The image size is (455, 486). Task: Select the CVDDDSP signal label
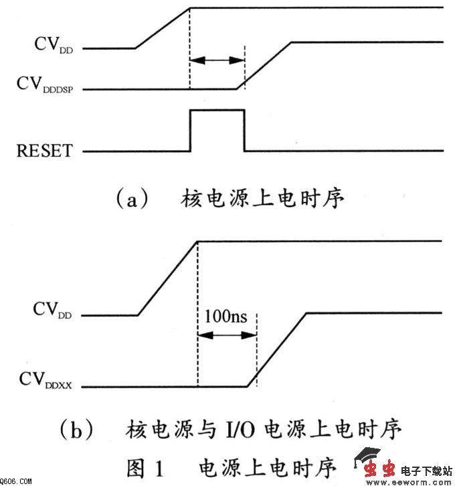(45, 85)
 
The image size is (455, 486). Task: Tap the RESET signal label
(43, 149)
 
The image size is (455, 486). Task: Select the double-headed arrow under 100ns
(227, 335)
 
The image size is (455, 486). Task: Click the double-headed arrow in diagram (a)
(217, 61)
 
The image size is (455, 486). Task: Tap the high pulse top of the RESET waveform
(217, 109)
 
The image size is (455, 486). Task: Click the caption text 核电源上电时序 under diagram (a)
(263, 199)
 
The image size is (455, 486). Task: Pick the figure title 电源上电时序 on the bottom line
(268, 465)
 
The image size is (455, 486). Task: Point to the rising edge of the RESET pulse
(191, 131)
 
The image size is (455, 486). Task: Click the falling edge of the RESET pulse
(244, 131)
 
